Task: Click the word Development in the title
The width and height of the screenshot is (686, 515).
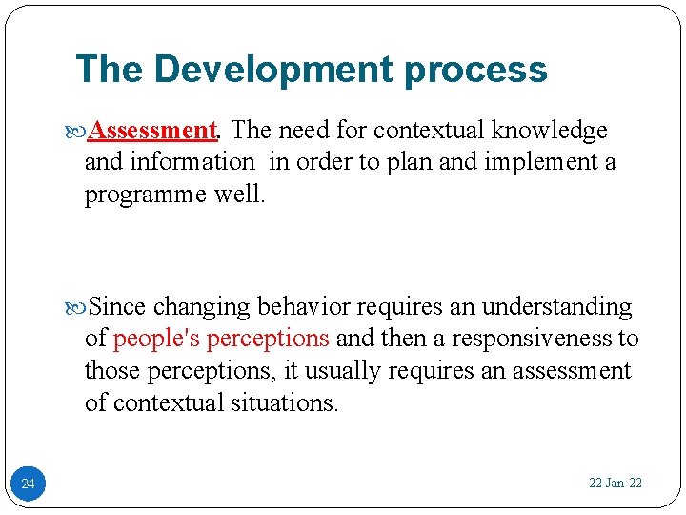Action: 273,70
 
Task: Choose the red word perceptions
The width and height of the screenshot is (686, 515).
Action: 268,339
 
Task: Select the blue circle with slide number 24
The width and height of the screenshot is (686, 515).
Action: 28,484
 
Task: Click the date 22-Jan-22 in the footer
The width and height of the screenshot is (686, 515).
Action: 615,484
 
